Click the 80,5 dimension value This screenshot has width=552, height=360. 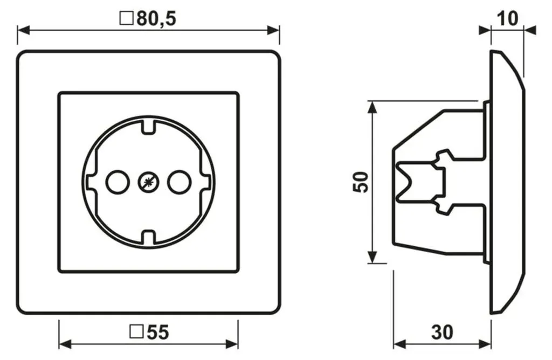tap(156, 18)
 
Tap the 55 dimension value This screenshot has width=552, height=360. tap(157, 332)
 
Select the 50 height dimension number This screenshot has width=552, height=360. tap(360, 182)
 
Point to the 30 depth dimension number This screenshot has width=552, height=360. tap(442, 332)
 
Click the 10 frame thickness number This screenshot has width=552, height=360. tap(507, 19)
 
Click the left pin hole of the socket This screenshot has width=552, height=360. tap(117, 182)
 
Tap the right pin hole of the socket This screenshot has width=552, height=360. tap(179, 182)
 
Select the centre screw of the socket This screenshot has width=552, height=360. tap(148, 182)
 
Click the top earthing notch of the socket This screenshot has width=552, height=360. tap(148, 127)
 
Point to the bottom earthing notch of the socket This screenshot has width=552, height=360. tap(148, 237)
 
